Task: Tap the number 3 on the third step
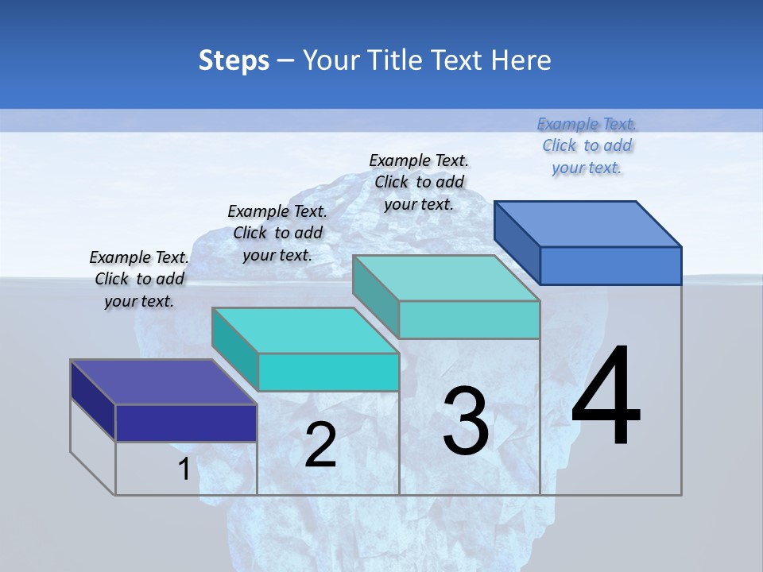tap(466, 421)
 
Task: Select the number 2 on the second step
tap(321, 445)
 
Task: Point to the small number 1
tap(184, 470)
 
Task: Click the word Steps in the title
tap(234, 60)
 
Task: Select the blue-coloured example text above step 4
tap(587, 145)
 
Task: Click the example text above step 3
tap(419, 182)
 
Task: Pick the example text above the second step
tap(277, 233)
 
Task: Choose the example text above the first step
tap(139, 279)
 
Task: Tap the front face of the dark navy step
tap(186, 423)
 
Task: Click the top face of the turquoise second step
tap(305, 330)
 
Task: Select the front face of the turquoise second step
tap(328, 372)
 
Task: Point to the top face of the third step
tap(446, 278)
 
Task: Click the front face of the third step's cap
tap(469, 319)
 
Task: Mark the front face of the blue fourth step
tap(610, 265)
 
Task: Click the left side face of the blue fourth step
tap(517, 242)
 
